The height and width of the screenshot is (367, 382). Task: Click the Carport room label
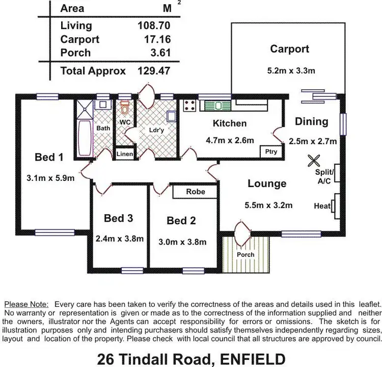coord(289,49)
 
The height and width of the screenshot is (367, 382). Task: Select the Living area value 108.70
coord(153,25)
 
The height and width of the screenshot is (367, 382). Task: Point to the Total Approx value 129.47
coord(153,71)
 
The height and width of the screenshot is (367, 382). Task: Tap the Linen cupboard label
coord(125,153)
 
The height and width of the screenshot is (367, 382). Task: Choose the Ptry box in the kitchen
coord(270,152)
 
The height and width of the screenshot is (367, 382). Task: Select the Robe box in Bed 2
coord(196,192)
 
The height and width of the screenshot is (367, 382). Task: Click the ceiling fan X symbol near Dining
coord(312,161)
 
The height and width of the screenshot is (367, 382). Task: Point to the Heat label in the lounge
coord(322,206)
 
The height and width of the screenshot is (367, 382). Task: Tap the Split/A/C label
coord(323,176)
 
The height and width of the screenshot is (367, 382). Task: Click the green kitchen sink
coord(218,106)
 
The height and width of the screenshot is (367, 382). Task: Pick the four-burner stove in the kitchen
coord(190,106)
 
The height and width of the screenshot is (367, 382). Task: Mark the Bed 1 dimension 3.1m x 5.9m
coord(50,178)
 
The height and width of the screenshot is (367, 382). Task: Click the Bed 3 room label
coord(118,218)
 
